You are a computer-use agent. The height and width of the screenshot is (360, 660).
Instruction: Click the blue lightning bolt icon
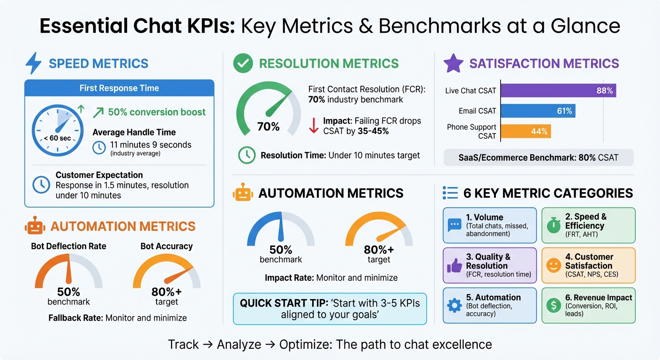33,63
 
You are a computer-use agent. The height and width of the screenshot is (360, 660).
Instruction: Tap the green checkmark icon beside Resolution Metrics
243,64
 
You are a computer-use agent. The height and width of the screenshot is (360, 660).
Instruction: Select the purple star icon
453,63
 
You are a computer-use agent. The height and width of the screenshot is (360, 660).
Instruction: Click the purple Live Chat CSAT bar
558,90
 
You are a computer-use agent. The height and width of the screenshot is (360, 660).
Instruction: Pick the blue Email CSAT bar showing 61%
538,111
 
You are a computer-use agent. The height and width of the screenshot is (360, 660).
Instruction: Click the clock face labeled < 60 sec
58,130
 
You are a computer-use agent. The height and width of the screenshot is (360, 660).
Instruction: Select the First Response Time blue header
119,88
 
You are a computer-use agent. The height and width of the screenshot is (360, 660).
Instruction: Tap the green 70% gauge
268,111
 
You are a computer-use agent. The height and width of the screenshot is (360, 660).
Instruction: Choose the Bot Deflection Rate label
68,246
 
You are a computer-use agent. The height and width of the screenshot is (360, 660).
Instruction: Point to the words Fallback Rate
75,318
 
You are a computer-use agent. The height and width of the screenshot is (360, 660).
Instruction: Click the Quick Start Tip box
330,309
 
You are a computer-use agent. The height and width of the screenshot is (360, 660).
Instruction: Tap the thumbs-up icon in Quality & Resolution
454,266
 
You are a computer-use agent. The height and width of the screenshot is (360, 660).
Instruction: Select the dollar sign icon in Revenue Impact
554,306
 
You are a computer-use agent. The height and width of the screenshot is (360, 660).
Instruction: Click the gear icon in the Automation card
454,306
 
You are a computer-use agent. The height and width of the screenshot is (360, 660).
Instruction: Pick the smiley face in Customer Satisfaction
554,266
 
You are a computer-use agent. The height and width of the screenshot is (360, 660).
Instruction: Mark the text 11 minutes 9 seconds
150,145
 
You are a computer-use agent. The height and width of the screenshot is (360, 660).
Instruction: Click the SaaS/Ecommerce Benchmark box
538,157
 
